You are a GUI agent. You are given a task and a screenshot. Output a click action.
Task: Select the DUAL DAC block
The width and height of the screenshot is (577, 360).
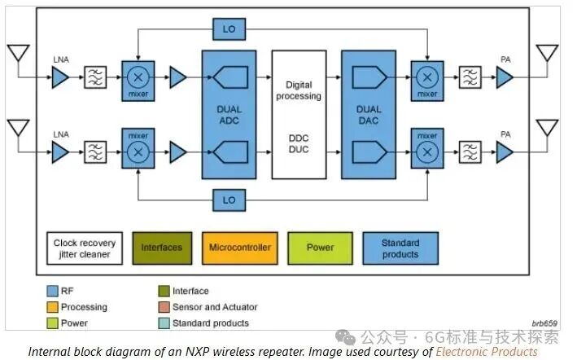[x=368, y=114]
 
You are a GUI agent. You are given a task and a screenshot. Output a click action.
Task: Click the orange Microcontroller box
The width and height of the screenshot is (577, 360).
[x=239, y=248]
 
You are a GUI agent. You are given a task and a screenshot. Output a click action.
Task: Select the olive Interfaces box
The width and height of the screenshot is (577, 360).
[x=162, y=248]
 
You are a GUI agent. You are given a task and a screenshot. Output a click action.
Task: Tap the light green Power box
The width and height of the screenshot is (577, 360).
[x=321, y=248]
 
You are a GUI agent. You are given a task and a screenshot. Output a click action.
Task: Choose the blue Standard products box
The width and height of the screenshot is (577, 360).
[x=400, y=248]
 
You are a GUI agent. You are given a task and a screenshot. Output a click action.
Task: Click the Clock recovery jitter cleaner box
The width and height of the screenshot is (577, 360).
[x=85, y=248]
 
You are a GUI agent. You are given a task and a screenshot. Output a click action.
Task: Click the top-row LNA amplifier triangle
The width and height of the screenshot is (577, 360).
[x=60, y=78]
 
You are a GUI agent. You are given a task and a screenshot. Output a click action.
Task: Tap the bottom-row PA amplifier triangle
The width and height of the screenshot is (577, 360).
[x=505, y=152]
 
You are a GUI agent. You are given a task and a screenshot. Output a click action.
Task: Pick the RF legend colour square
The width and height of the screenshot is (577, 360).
[x=51, y=291]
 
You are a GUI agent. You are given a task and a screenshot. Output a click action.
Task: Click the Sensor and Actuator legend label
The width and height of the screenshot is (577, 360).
[x=214, y=307]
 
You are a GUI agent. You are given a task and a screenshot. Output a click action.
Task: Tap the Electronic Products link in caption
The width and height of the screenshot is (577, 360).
[x=487, y=351]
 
